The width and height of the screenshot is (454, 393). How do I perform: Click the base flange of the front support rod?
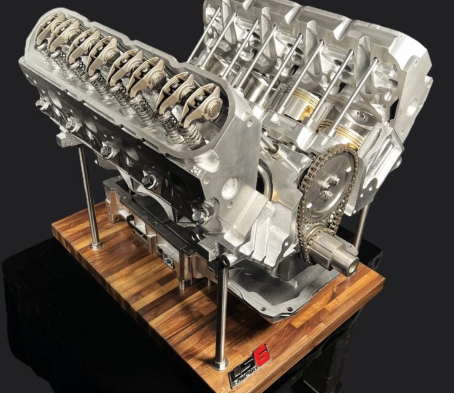coord(220,364)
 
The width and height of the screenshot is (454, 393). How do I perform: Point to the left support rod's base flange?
coord(96,245)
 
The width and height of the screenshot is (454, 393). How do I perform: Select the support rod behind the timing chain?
coord(362,221)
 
